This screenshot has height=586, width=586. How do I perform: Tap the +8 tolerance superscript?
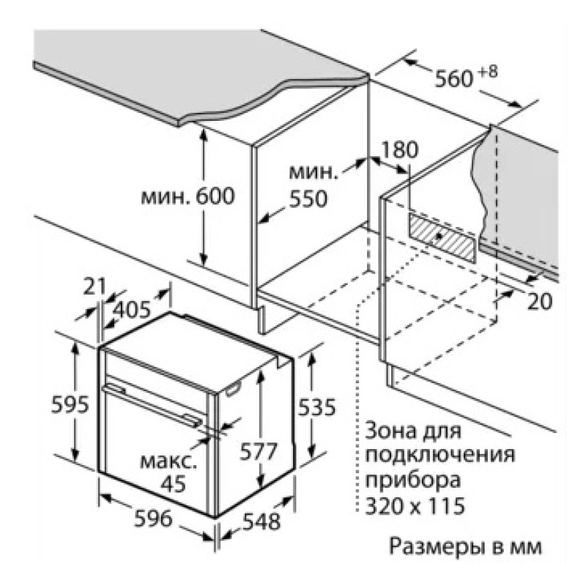(x=488, y=72)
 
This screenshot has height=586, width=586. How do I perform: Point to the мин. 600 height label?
(x=188, y=196)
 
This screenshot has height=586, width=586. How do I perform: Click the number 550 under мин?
(x=308, y=199)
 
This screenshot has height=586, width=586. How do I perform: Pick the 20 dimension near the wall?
(x=540, y=301)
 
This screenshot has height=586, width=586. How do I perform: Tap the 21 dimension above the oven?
(x=94, y=286)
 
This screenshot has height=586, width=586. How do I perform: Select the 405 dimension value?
(x=131, y=309)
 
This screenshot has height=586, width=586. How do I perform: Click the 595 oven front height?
(x=70, y=404)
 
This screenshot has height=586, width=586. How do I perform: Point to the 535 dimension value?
(x=317, y=407)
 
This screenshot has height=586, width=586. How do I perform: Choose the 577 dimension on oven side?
(x=259, y=451)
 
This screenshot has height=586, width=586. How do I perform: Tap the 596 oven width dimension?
(x=153, y=519)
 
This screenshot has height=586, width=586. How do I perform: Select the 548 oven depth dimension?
(x=262, y=522)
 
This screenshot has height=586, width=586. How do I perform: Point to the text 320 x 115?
(x=415, y=506)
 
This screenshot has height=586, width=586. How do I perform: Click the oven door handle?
(x=153, y=406)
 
